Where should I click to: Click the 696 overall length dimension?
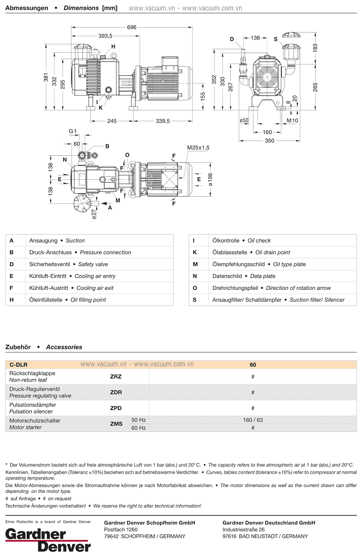[131, 27]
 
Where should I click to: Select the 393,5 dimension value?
[105, 35]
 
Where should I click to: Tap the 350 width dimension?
[269, 140]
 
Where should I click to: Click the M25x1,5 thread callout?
[198, 147]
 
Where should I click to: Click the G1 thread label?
[73, 132]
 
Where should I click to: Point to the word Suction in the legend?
[75, 241]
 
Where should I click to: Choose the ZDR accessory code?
[116, 392]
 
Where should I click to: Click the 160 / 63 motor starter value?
[252, 420]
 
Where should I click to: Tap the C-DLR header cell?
[18, 365]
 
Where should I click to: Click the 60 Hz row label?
[139, 428]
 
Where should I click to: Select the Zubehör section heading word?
[18, 347]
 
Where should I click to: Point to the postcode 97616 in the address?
[231, 536]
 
